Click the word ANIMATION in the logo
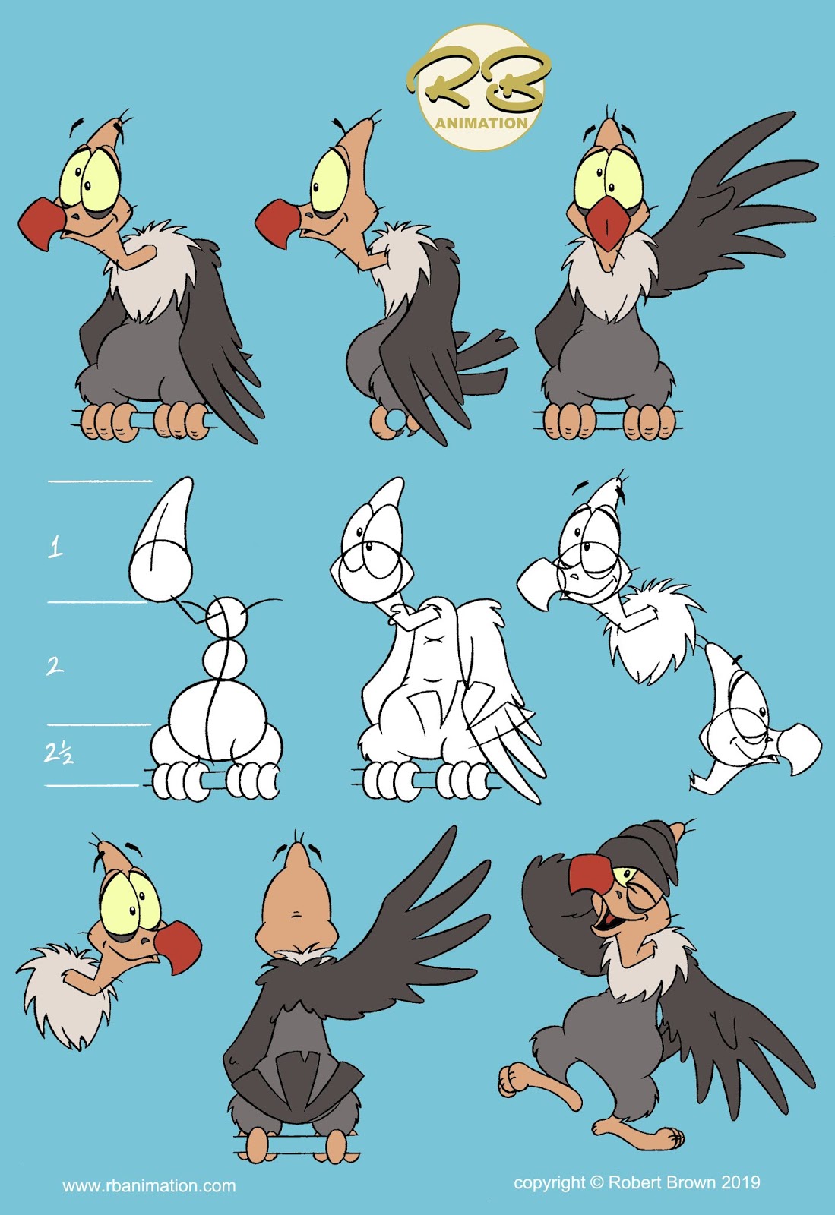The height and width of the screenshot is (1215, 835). tap(481, 123)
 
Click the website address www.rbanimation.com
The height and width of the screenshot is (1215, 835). tap(149, 1185)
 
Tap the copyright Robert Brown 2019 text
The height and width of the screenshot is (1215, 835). tap(637, 1182)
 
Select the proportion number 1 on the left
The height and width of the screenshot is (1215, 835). tap(55, 547)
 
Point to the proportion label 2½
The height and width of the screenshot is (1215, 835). tap(58, 753)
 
